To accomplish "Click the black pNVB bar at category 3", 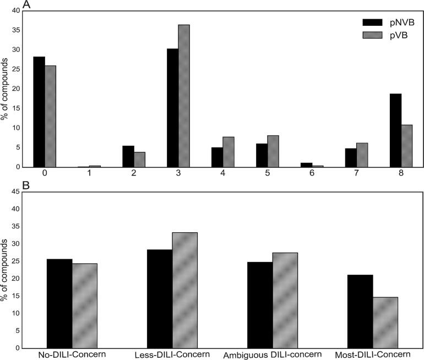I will (172, 108).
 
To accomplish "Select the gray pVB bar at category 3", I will (184, 96).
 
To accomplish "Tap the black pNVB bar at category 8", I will (395, 130).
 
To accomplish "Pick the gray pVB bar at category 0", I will (50, 116).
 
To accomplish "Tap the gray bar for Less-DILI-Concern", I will (184, 290).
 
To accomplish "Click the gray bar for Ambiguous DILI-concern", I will (285, 300).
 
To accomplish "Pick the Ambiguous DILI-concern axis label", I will (272, 353).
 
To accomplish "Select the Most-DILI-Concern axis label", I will (373, 353).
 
